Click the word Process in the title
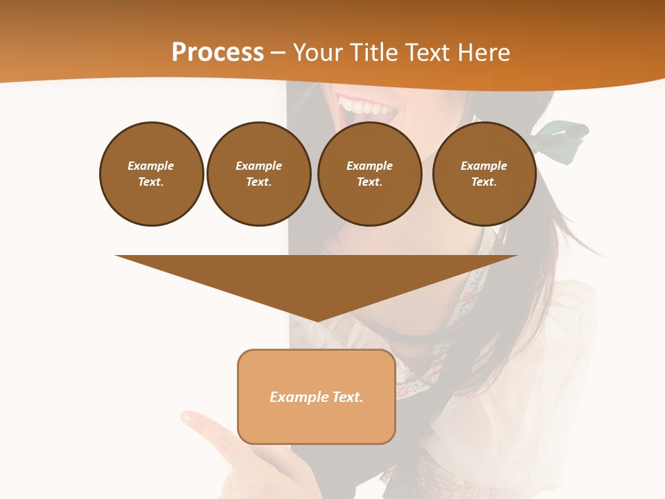(218, 53)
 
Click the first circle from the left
(152, 174)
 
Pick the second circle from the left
(258, 174)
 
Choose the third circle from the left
(369, 174)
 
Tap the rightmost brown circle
(484, 174)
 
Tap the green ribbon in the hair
(565, 135)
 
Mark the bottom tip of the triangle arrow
(317, 319)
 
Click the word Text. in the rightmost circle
(484, 182)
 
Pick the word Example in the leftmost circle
(151, 166)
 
